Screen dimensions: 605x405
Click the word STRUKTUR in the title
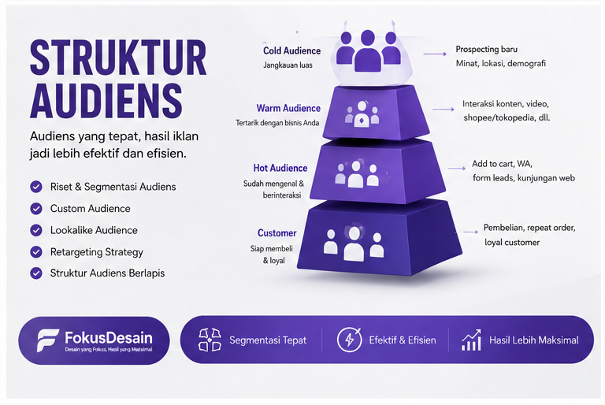(118, 58)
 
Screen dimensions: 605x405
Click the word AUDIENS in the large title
(106, 100)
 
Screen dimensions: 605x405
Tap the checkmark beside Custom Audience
(36, 209)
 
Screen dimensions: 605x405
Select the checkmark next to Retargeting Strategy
(36, 252)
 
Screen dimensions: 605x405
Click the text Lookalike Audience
(94, 230)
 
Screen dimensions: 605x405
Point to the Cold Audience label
(291, 51)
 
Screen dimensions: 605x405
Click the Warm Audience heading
(288, 108)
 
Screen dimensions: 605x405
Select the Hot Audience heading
(280, 168)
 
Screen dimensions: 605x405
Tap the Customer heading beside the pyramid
(277, 232)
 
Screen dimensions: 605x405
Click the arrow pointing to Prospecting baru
(435, 54)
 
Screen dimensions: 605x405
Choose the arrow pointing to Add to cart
(457, 169)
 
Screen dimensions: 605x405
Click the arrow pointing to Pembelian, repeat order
(471, 232)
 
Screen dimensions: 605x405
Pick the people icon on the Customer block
(354, 243)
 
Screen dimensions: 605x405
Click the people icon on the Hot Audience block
(356, 174)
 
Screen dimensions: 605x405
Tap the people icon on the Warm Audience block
(362, 114)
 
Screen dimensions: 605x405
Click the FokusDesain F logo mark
(47, 340)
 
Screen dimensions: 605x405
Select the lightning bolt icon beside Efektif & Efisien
(349, 340)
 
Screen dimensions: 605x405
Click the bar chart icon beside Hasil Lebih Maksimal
(471, 340)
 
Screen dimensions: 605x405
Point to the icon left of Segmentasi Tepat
(210, 340)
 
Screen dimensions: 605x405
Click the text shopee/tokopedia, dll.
(507, 117)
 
